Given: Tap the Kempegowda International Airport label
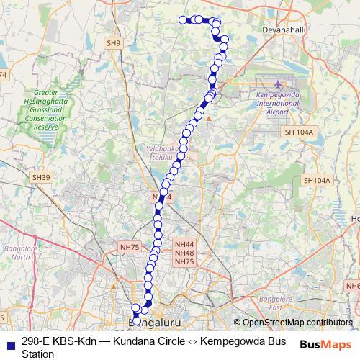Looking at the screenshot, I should tap(277, 103).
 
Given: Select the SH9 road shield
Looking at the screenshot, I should tap(114, 44).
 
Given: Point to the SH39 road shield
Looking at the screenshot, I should tap(42, 177).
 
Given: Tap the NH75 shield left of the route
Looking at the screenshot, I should tap(130, 247).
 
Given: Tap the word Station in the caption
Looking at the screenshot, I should tap(37, 354).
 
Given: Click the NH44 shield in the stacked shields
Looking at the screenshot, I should tap(184, 244).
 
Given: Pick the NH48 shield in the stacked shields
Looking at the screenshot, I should tap(184, 253).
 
